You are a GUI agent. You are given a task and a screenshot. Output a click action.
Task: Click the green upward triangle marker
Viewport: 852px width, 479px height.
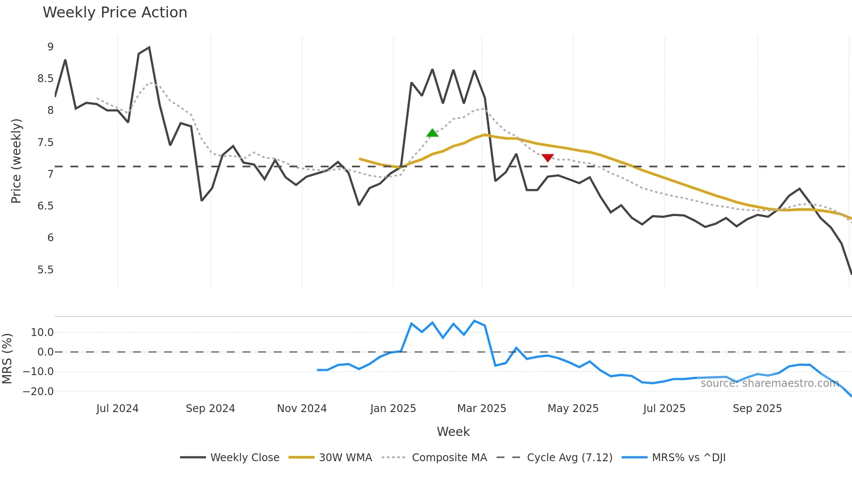pyautogui.click(x=432, y=133)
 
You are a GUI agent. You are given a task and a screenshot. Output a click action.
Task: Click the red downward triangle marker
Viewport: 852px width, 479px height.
pyautogui.click(x=548, y=158)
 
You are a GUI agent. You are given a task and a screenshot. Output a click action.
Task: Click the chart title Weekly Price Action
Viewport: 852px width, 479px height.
pyautogui.click(x=115, y=12)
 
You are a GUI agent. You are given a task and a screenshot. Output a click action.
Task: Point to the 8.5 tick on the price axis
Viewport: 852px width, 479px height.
pyautogui.click(x=45, y=79)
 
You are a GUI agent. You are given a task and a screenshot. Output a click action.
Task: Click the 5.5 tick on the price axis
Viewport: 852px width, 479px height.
pyautogui.click(x=45, y=270)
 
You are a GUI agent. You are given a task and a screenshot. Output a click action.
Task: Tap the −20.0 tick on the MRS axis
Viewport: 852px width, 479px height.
pyautogui.click(x=38, y=391)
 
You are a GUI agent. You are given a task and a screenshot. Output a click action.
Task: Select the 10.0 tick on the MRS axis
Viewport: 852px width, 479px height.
pyautogui.click(x=42, y=333)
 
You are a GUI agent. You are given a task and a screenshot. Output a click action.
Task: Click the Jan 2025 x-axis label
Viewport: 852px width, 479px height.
pyautogui.click(x=393, y=409)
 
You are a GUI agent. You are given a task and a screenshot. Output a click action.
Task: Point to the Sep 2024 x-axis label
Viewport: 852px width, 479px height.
pyautogui.click(x=210, y=409)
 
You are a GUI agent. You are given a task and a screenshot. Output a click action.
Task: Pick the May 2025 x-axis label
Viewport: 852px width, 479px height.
pyautogui.click(x=573, y=409)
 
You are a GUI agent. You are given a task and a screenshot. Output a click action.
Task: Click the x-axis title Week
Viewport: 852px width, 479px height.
pyautogui.click(x=453, y=432)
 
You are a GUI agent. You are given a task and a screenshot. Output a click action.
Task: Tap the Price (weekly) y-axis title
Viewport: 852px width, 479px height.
pyautogui.click(x=16, y=161)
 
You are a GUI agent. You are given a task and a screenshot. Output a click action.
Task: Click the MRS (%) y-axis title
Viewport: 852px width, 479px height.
pyautogui.click(x=7, y=359)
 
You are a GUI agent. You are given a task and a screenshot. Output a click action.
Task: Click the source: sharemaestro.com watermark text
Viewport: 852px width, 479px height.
pyautogui.click(x=769, y=383)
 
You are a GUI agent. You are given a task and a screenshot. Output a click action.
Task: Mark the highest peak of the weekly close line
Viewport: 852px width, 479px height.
pyautogui.click(x=149, y=47)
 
